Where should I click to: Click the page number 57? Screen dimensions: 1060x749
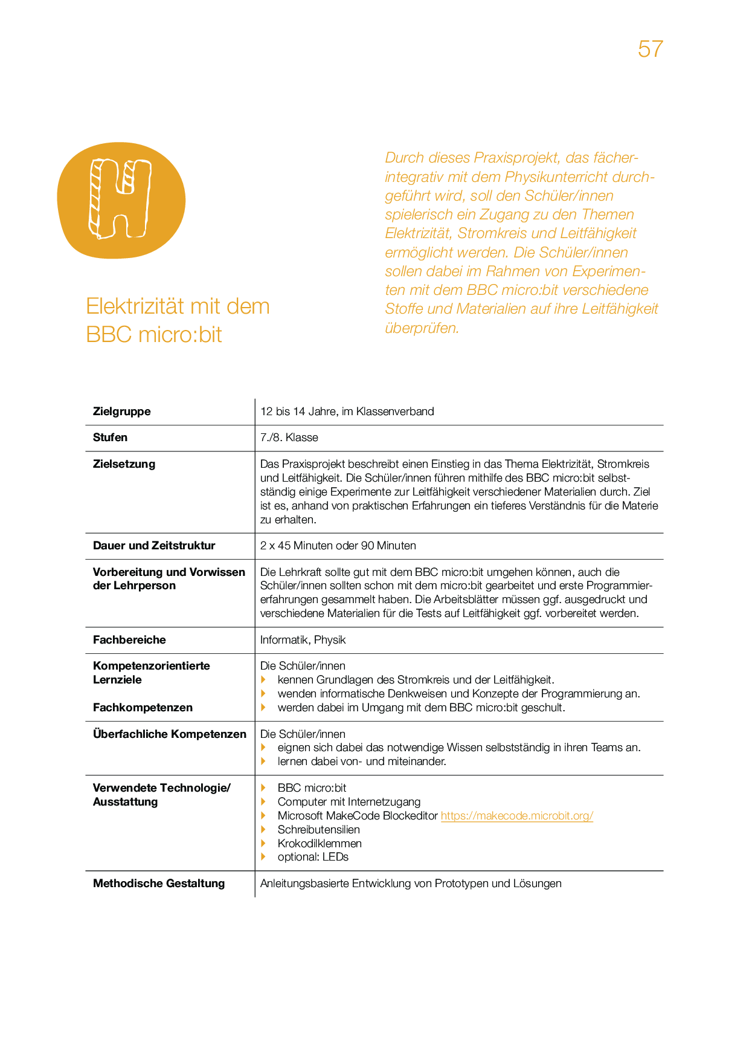[x=650, y=49]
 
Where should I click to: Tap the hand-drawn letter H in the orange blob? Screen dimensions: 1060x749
[x=120, y=198]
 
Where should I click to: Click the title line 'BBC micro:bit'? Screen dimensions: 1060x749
[x=154, y=334]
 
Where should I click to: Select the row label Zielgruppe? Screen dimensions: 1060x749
[x=122, y=412]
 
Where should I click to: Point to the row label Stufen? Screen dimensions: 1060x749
[x=110, y=438]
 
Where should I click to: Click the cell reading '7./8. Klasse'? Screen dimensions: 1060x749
[x=289, y=438]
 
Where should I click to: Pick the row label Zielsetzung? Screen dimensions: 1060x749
[x=124, y=464]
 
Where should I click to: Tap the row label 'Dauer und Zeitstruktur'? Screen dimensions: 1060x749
[x=154, y=546]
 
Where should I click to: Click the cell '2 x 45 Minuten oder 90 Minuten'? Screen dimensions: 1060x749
[x=338, y=546]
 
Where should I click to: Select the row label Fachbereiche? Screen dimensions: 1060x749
[x=129, y=640]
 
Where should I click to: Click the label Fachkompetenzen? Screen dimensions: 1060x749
[x=143, y=708]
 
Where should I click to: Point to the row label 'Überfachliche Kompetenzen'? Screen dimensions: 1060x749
[x=170, y=734]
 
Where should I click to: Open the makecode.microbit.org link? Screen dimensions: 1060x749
[x=517, y=816]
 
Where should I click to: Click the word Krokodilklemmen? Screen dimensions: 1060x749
[x=320, y=844]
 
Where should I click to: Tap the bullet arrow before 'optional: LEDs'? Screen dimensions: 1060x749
[x=263, y=857]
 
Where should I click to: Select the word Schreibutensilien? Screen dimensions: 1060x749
[x=319, y=830]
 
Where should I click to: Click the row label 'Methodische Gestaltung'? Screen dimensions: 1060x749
[x=159, y=884]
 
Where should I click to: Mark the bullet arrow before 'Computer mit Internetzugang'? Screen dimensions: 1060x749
[x=263, y=802]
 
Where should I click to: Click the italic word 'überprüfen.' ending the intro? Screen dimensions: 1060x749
[x=422, y=328]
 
